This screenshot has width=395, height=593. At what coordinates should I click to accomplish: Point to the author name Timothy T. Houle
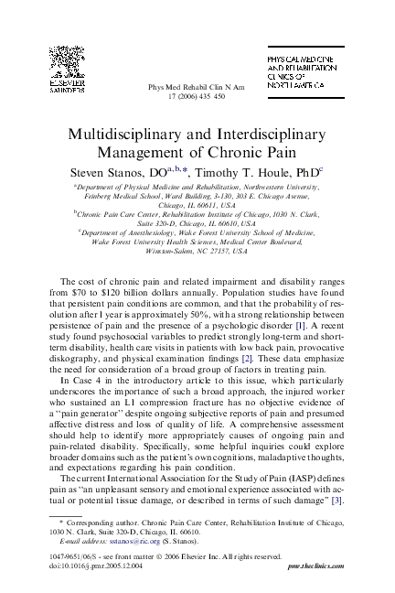tap(258, 171)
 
